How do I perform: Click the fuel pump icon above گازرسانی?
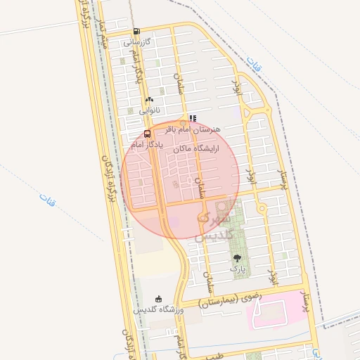136,31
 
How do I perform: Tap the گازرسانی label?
137,41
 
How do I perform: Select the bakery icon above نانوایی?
149,99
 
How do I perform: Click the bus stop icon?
147,134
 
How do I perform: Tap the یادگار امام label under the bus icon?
148,143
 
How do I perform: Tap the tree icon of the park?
236,258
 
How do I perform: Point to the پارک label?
236,269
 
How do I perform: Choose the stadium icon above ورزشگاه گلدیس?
158,298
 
